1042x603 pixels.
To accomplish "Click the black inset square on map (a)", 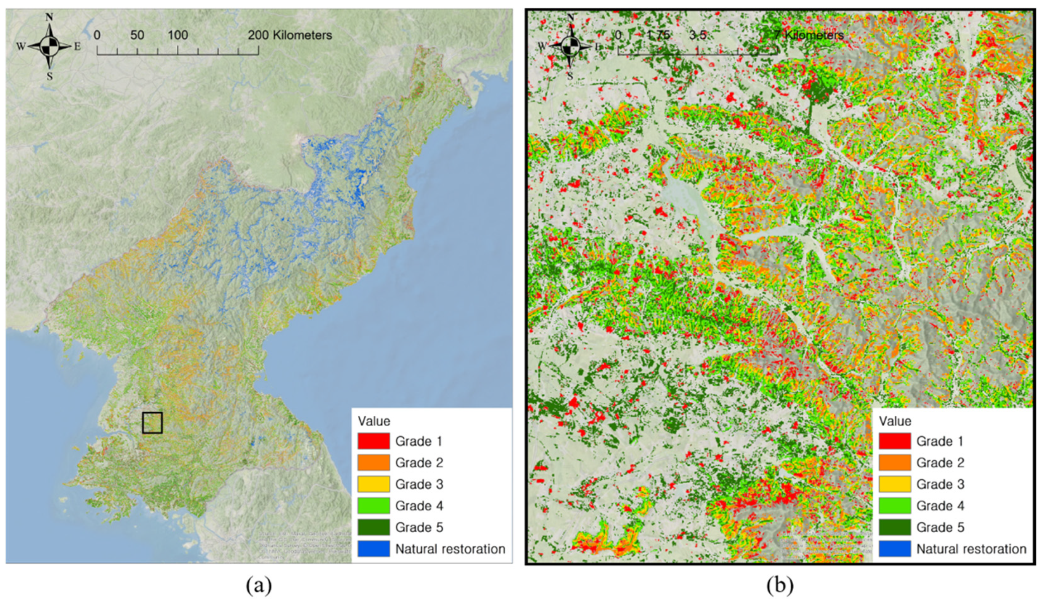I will tap(152, 422).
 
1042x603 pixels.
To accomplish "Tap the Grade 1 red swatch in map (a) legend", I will tap(373, 441).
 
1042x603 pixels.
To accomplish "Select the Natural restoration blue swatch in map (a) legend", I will tap(373, 549).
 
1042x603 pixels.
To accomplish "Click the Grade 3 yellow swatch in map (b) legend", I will tap(894, 484).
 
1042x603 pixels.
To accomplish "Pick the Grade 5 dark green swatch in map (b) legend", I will tap(894, 527).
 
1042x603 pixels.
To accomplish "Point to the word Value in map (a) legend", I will tap(374, 421).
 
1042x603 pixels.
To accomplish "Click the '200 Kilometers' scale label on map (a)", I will tap(290, 35).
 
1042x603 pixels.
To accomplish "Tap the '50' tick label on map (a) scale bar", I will tap(137, 35).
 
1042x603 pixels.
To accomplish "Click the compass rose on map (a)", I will tap(49, 46).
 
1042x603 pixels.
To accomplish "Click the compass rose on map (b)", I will tap(570, 46).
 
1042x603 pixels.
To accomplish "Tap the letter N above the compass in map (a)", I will tap(49, 17).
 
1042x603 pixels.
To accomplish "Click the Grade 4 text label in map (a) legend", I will tap(419, 505).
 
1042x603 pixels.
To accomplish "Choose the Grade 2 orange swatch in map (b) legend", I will tap(894, 462).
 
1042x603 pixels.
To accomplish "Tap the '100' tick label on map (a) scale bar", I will tap(178, 35).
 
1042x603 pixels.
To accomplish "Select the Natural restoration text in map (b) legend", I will tap(971, 549).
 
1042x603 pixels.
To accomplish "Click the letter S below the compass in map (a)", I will tap(50, 76).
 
